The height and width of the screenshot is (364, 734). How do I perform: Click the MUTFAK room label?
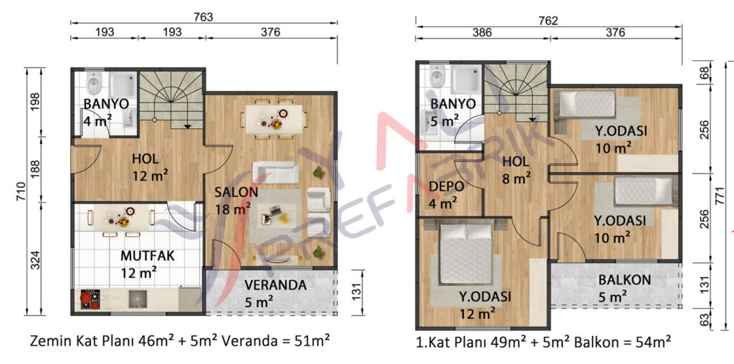(148, 256)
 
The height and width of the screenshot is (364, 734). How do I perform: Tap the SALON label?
(237, 192)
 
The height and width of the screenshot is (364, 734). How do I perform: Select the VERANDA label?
(275, 284)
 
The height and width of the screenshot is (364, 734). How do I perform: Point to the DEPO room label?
(447, 186)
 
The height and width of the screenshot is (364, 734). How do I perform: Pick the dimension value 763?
(204, 17)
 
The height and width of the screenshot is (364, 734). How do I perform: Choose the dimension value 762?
(548, 21)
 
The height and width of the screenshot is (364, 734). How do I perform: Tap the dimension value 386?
(482, 33)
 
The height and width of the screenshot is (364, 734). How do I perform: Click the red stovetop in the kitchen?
(90, 300)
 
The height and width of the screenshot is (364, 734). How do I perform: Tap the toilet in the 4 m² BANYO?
(94, 83)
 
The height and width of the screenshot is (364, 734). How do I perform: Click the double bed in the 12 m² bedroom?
(466, 253)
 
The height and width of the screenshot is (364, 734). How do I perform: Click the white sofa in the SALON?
(276, 172)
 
